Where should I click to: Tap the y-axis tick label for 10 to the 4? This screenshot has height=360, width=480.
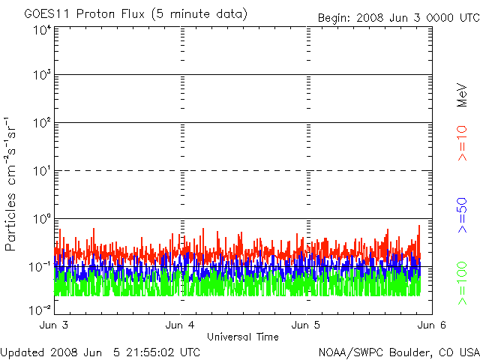(x=41, y=29)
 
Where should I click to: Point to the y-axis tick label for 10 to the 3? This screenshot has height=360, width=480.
(x=41, y=76)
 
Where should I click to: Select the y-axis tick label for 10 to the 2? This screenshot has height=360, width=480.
(x=41, y=123)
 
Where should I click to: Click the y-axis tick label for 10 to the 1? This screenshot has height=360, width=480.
(x=41, y=171)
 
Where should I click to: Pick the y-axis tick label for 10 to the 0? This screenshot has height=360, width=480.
(x=41, y=219)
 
